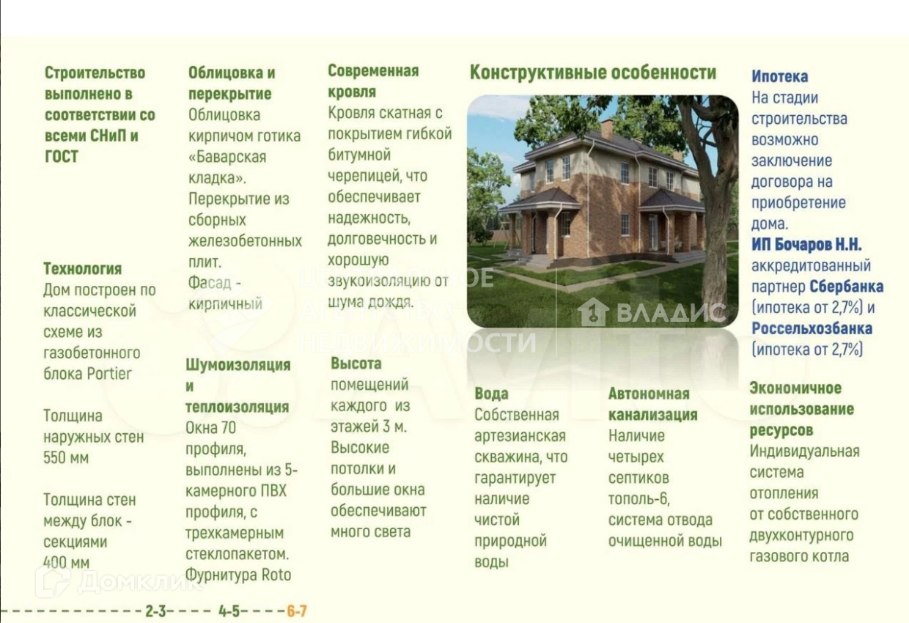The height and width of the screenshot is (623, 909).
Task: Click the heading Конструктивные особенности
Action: pyautogui.click(x=593, y=73)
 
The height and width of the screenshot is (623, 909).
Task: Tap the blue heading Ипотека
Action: pyautogui.click(x=779, y=76)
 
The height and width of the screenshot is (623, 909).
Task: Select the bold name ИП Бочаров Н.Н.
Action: pyautogui.click(x=806, y=245)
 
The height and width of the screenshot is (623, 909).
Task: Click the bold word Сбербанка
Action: pyautogui.click(x=847, y=287)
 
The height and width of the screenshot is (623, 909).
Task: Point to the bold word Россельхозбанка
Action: pyautogui.click(x=812, y=328)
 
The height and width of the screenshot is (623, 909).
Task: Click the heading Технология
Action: pyautogui.click(x=82, y=269)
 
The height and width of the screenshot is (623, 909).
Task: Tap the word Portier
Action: pyautogui.click(x=109, y=374)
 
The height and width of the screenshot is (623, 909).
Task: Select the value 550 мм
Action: pyautogui.click(x=66, y=458)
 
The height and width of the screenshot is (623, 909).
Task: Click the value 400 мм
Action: pyautogui.click(x=66, y=563)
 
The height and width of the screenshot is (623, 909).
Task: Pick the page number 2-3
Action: pyautogui.click(x=156, y=611)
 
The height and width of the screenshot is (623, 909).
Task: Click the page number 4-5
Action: pyautogui.click(x=229, y=611)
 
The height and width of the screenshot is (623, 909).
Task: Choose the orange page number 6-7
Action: pyautogui.click(x=297, y=611)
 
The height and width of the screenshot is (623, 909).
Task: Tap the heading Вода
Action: pyautogui.click(x=491, y=394)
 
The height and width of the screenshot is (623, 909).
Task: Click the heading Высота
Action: pyautogui.click(x=356, y=364)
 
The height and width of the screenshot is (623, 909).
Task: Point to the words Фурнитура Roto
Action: pyautogui.click(x=238, y=575)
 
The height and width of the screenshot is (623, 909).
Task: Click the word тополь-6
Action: pyautogui.click(x=638, y=499)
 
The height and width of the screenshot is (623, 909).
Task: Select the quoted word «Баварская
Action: pyautogui.click(x=227, y=157)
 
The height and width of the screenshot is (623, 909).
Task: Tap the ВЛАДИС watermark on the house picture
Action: pyautogui.click(x=652, y=312)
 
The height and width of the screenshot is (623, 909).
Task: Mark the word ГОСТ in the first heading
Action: pyautogui.click(x=61, y=157)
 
